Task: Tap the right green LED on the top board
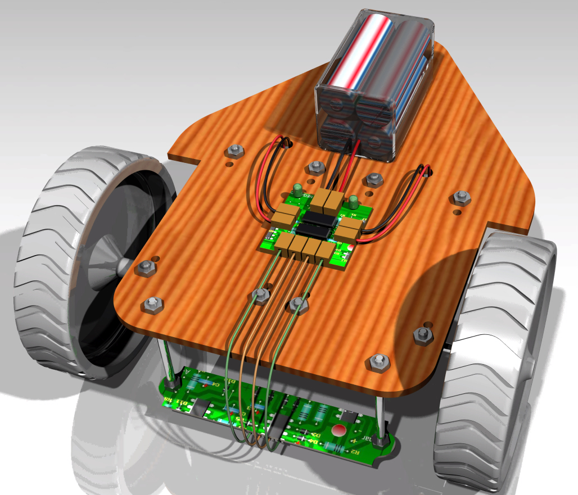(354, 201)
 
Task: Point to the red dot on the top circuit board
(350, 247)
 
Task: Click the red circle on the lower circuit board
(339, 431)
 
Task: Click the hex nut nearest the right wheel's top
(461, 197)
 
